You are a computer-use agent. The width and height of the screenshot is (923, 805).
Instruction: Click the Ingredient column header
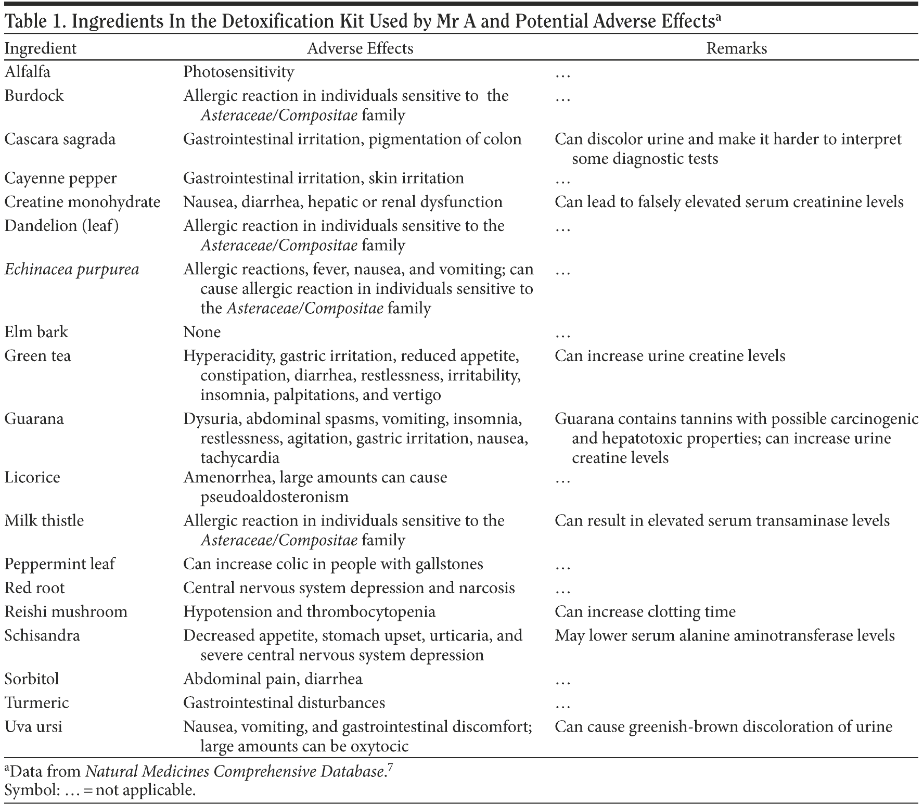tap(40, 48)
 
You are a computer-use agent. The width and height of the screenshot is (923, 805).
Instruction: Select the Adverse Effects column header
tap(360, 48)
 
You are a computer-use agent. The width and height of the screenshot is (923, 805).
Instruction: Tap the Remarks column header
tap(736, 48)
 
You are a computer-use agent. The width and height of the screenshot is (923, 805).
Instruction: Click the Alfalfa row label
tap(28, 71)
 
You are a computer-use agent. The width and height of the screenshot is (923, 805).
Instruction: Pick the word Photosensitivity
tap(238, 72)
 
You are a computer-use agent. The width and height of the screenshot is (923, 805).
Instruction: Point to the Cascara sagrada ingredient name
tap(60, 139)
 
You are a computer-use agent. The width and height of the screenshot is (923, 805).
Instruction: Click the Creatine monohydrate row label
tap(82, 202)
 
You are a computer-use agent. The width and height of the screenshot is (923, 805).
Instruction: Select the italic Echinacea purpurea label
tap(72, 270)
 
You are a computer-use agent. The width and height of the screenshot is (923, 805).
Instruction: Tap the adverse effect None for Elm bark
tap(202, 332)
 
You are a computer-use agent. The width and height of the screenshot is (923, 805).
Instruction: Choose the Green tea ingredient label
tap(37, 356)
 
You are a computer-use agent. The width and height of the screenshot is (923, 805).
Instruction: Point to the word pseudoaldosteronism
tap(274, 497)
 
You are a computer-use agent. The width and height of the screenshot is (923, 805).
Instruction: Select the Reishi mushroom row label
tap(66, 611)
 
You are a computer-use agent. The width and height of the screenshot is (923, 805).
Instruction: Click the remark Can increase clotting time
tap(645, 611)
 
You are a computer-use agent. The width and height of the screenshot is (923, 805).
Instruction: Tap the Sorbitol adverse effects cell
tap(273, 679)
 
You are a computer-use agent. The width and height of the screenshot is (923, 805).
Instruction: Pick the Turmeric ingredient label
tap(36, 703)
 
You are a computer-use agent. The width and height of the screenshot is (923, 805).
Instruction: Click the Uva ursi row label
tap(33, 727)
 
